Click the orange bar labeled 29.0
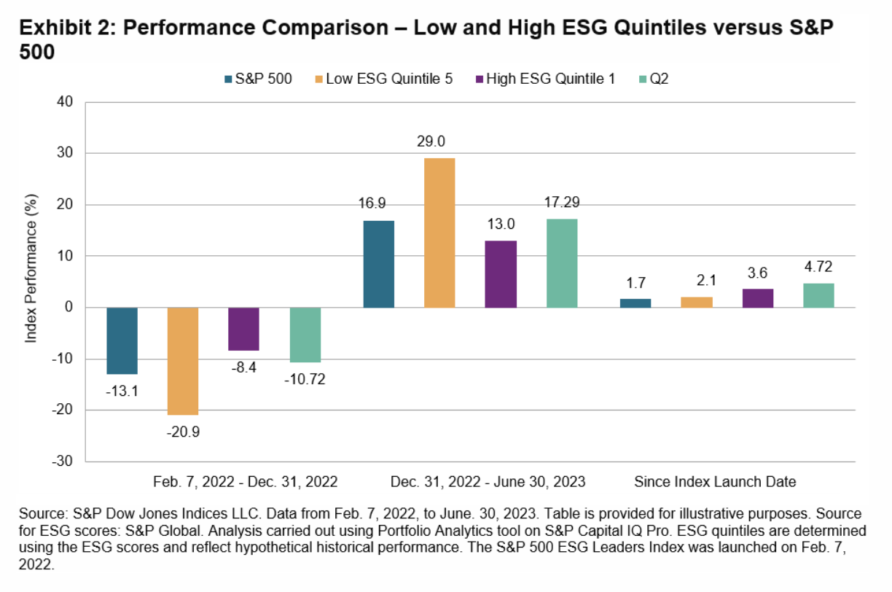439,233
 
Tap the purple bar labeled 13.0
501,274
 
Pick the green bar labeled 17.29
562,263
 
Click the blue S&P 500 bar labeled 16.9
378,264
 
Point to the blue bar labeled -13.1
122,340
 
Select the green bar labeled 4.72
818,295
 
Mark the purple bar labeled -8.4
244,329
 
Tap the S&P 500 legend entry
259,79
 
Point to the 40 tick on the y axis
66,102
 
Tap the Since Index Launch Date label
715,482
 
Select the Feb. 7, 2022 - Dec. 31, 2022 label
246,482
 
